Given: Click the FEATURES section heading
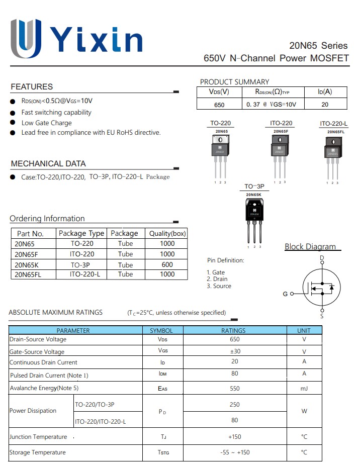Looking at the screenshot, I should point(32,86).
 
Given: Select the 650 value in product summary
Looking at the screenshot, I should point(219,105).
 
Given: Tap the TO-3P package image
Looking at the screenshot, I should point(254,219).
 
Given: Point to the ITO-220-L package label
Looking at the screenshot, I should point(334,124).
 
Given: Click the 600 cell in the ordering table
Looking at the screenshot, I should point(167,264).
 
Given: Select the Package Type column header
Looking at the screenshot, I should point(81,233).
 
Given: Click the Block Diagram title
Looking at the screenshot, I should point(310,246).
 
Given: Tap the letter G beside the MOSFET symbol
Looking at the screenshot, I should point(285,294).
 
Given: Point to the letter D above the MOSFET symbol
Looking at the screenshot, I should point(322,258).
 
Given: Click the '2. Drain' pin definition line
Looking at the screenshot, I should point(217,279).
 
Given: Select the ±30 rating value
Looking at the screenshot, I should point(234,351).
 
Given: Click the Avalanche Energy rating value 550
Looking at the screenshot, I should point(234,388).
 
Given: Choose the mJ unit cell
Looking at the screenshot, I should point(304,388).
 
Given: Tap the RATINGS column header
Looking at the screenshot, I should point(234,330).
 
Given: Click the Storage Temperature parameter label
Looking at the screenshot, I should point(38,452).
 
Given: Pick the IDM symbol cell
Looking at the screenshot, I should point(162,374).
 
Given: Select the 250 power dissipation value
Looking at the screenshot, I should point(234,405).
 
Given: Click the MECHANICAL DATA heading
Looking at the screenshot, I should point(48,163).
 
